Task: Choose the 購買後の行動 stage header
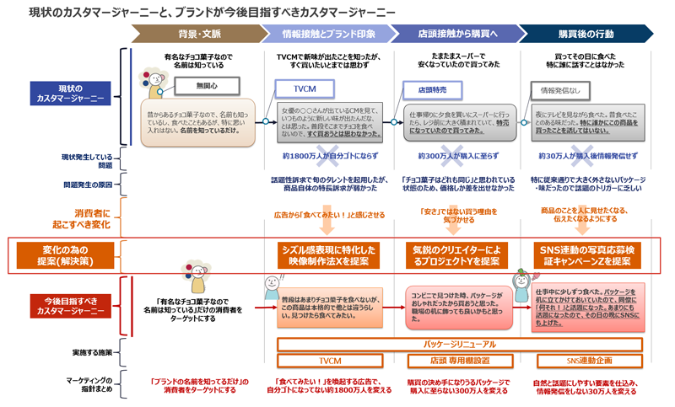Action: tap(588, 34)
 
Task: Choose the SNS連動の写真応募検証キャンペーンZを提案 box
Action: tap(590, 255)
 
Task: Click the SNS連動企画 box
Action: tap(590, 361)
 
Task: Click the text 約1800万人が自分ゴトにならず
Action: tap(325, 156)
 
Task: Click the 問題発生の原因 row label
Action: tap(83, 184)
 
